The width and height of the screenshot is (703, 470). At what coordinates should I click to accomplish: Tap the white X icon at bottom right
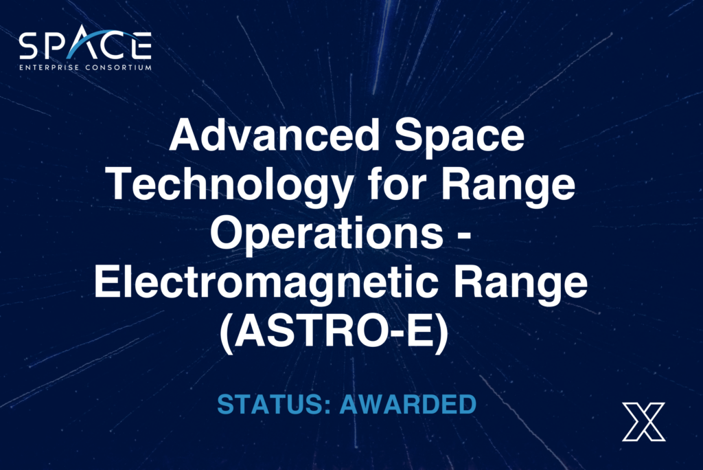click(643, 421)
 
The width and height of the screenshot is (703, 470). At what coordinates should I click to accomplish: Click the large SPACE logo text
click(84, 46)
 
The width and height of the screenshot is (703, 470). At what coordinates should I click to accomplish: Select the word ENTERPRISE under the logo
click(51, 67)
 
